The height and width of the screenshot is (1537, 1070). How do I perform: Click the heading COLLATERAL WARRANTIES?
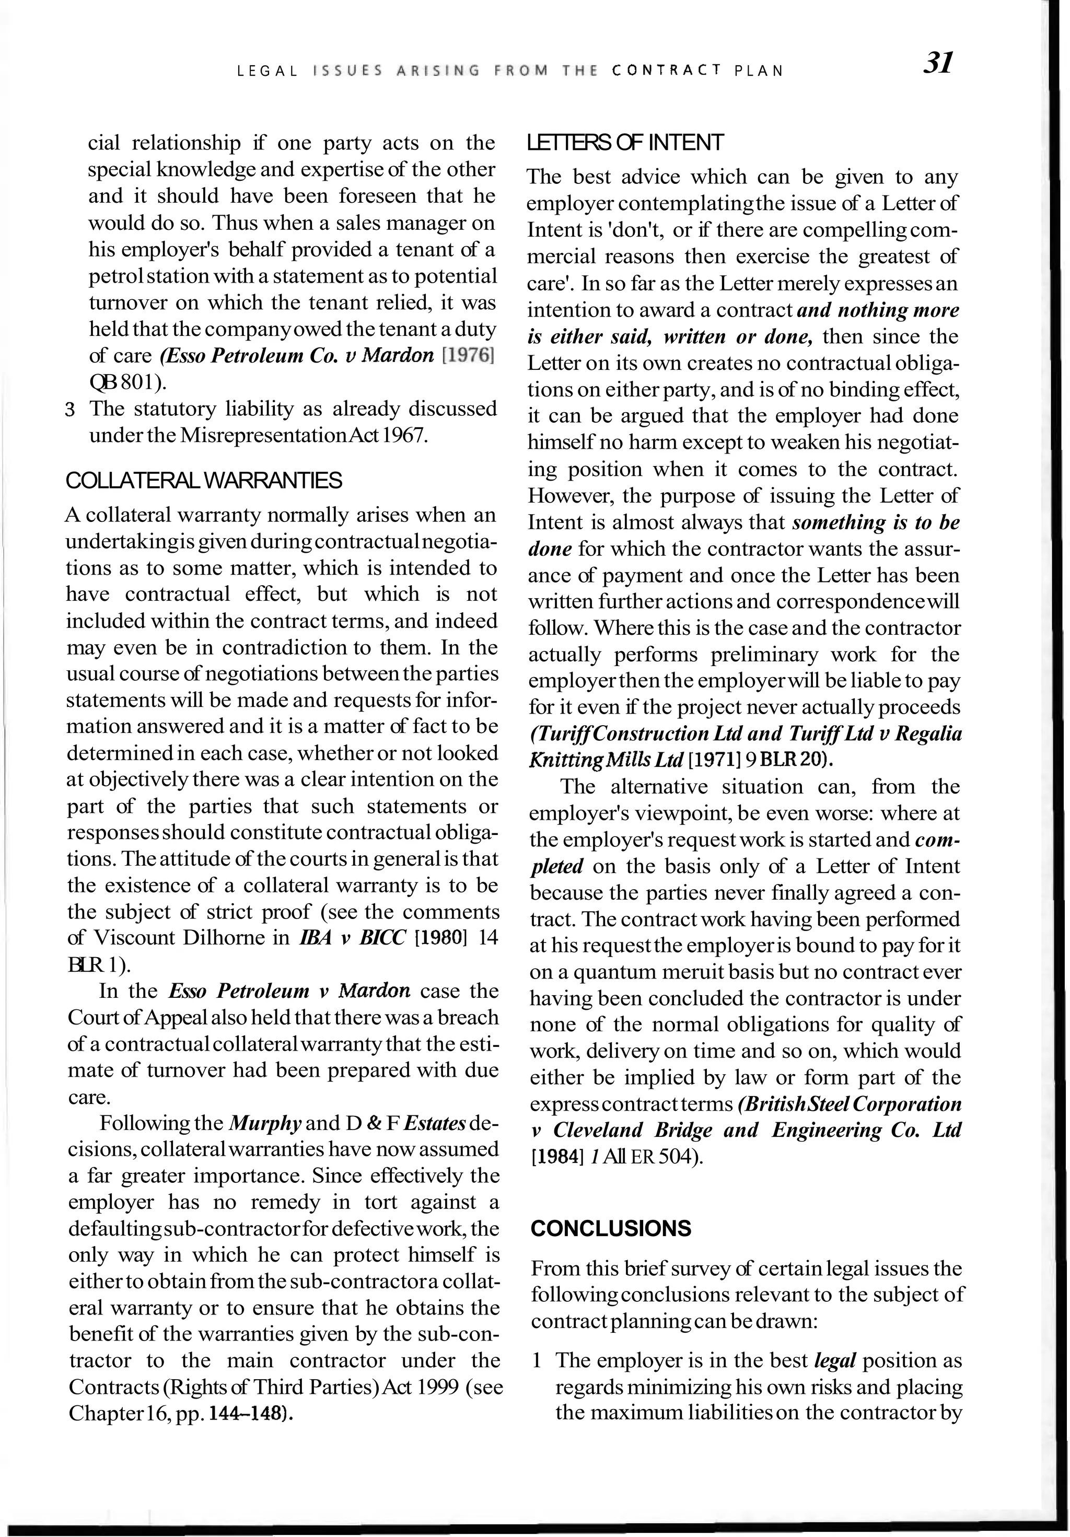tap(204, 480)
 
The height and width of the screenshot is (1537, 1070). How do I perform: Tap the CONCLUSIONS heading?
tap(611, 1228)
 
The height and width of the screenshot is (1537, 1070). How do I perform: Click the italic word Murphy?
tap(265, 1123)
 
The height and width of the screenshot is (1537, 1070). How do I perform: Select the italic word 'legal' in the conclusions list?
tap(835, 1360)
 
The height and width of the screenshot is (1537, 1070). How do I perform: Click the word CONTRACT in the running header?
tap(667, 69)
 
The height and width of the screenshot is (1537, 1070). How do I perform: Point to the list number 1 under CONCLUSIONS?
tap(537, 1361)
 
